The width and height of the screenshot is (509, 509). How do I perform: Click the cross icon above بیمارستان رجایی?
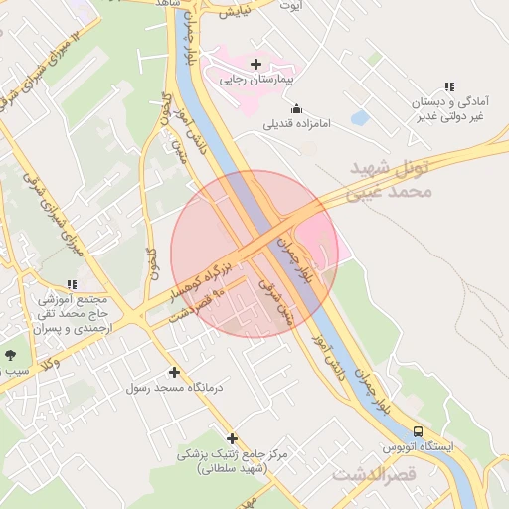pos(255,64)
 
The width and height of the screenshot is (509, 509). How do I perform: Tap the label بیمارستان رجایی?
pos(261,79)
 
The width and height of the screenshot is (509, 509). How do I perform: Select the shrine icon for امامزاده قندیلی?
pos(295,108)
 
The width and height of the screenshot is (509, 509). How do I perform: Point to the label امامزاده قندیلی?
pos(296,124)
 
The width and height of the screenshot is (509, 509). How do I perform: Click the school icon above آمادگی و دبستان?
pos(450,86)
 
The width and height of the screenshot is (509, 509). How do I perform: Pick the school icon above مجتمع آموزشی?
pos(71,284)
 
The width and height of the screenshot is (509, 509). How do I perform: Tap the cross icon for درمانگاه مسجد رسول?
pos(175,373)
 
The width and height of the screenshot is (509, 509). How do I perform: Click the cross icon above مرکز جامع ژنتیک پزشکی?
pos(232,438)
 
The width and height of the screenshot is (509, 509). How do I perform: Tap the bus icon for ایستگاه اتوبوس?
pos(418,431)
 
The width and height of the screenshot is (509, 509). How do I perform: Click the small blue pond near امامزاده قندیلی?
pos(359,117)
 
